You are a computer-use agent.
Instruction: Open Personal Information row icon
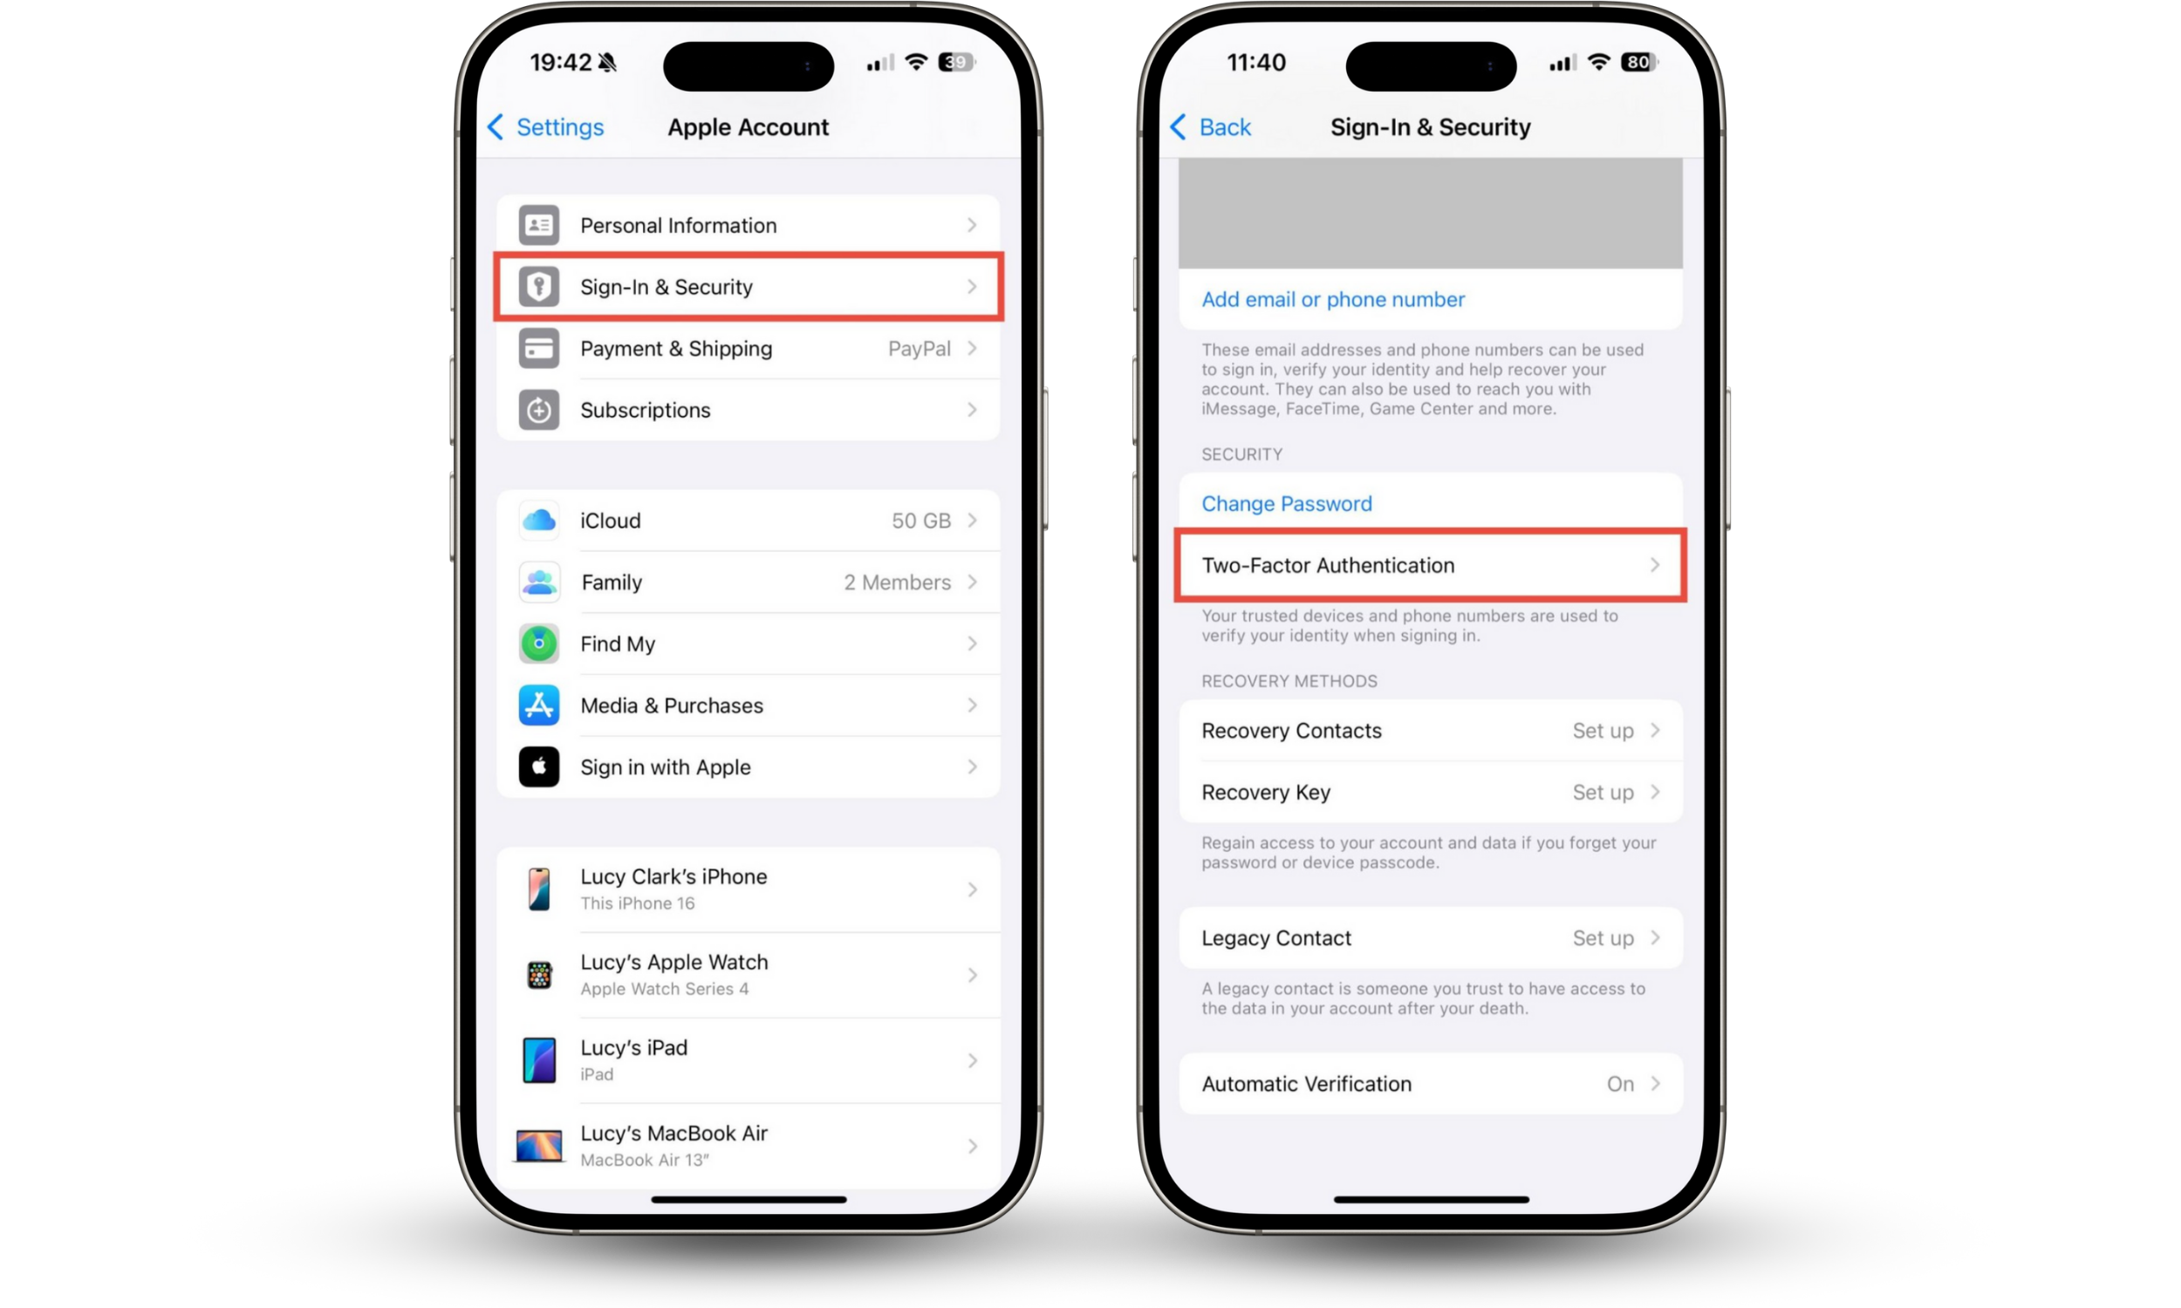coord(538,225)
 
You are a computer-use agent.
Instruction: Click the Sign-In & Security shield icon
coord(538,287)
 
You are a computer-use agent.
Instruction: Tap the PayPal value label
coord(919,348)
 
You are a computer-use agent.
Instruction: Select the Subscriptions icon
coord(538,410)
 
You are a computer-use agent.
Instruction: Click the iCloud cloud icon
coord(538,520)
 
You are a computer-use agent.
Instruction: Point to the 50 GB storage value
coord(920,520)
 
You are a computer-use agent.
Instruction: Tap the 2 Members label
coord(897,582)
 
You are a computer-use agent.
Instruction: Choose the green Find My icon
coord(538,644)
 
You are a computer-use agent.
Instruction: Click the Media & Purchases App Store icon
coord(538,705)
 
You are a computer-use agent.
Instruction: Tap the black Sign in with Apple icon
coord(538,766)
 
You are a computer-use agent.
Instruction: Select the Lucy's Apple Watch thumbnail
coord(538,975)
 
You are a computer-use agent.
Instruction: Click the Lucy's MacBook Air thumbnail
coord(538,1146)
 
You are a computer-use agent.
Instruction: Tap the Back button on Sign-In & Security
coord(1209,127)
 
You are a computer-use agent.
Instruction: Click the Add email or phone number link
coord(1333,300)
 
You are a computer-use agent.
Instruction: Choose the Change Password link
coord(1286,503)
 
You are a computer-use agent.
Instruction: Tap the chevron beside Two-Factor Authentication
coord(1655,565)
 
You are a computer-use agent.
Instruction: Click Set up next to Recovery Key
coord(1603,793)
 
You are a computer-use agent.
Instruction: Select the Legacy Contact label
coord(1275,937)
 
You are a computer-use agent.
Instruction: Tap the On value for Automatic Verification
coord(1620,1083)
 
